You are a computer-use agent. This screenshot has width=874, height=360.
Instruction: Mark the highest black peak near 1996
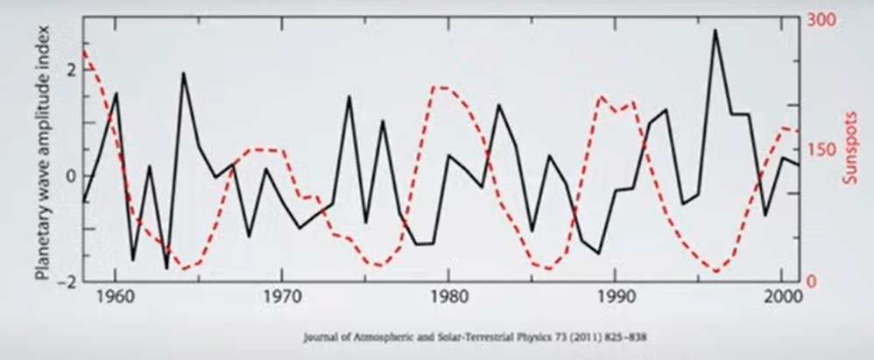click(715, 31)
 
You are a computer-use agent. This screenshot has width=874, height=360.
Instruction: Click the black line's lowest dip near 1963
click(166, 268)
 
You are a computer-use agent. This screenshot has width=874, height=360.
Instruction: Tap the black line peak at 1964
click(183, 74)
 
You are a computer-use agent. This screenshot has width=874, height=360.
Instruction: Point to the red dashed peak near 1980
click(440, 88)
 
